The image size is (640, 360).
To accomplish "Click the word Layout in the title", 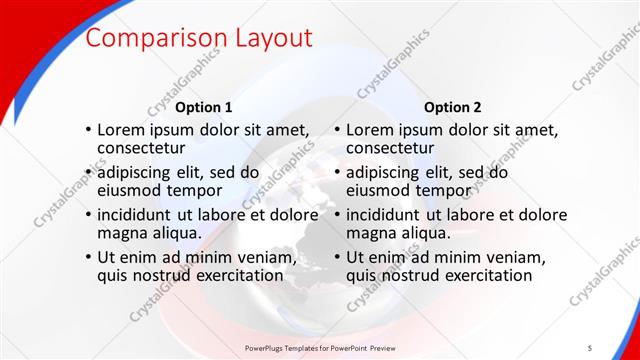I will (x=273, y=39).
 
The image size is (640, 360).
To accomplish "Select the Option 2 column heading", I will (x=452, y=107).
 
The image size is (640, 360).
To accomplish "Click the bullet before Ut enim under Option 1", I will (x=88, y=258).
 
